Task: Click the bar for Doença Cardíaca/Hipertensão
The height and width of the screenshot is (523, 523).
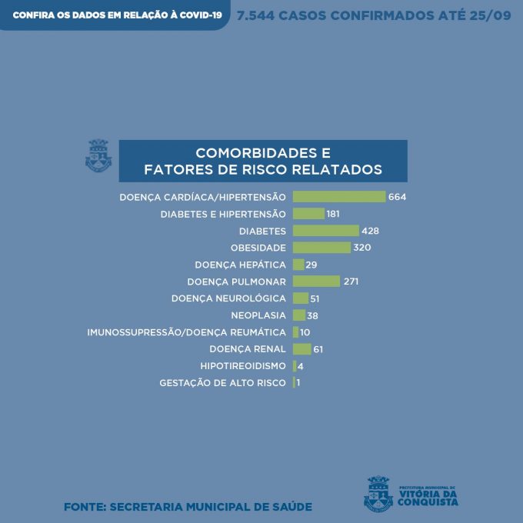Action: [x=338, y=197]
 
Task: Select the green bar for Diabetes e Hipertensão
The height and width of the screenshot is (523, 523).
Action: [x=308, y=214]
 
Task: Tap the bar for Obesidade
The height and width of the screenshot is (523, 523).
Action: [x=321, y=248]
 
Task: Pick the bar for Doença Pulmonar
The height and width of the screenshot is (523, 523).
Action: [x=316, y=281]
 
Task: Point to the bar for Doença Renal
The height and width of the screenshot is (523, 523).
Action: [x=301, y=349]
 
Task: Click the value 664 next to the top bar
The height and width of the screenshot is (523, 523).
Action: [x=397, y=197]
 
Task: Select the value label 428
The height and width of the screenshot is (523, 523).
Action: [x=371, y=231]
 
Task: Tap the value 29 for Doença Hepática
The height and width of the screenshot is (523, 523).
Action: [x=311, y=265]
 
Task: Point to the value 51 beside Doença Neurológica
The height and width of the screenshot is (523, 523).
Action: [x=315, y=298]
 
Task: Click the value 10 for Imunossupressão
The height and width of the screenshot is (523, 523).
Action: [x=305, y=332]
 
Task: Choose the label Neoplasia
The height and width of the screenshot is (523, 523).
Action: [x=258, y=315]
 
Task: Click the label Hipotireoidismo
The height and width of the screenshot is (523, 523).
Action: [x=243, y=366]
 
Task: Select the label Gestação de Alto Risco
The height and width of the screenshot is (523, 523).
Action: [x=223, y=383]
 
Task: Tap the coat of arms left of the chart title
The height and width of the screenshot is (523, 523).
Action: [x=98, y=155]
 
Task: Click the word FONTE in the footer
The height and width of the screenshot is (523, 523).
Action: [x=84, y=507]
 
